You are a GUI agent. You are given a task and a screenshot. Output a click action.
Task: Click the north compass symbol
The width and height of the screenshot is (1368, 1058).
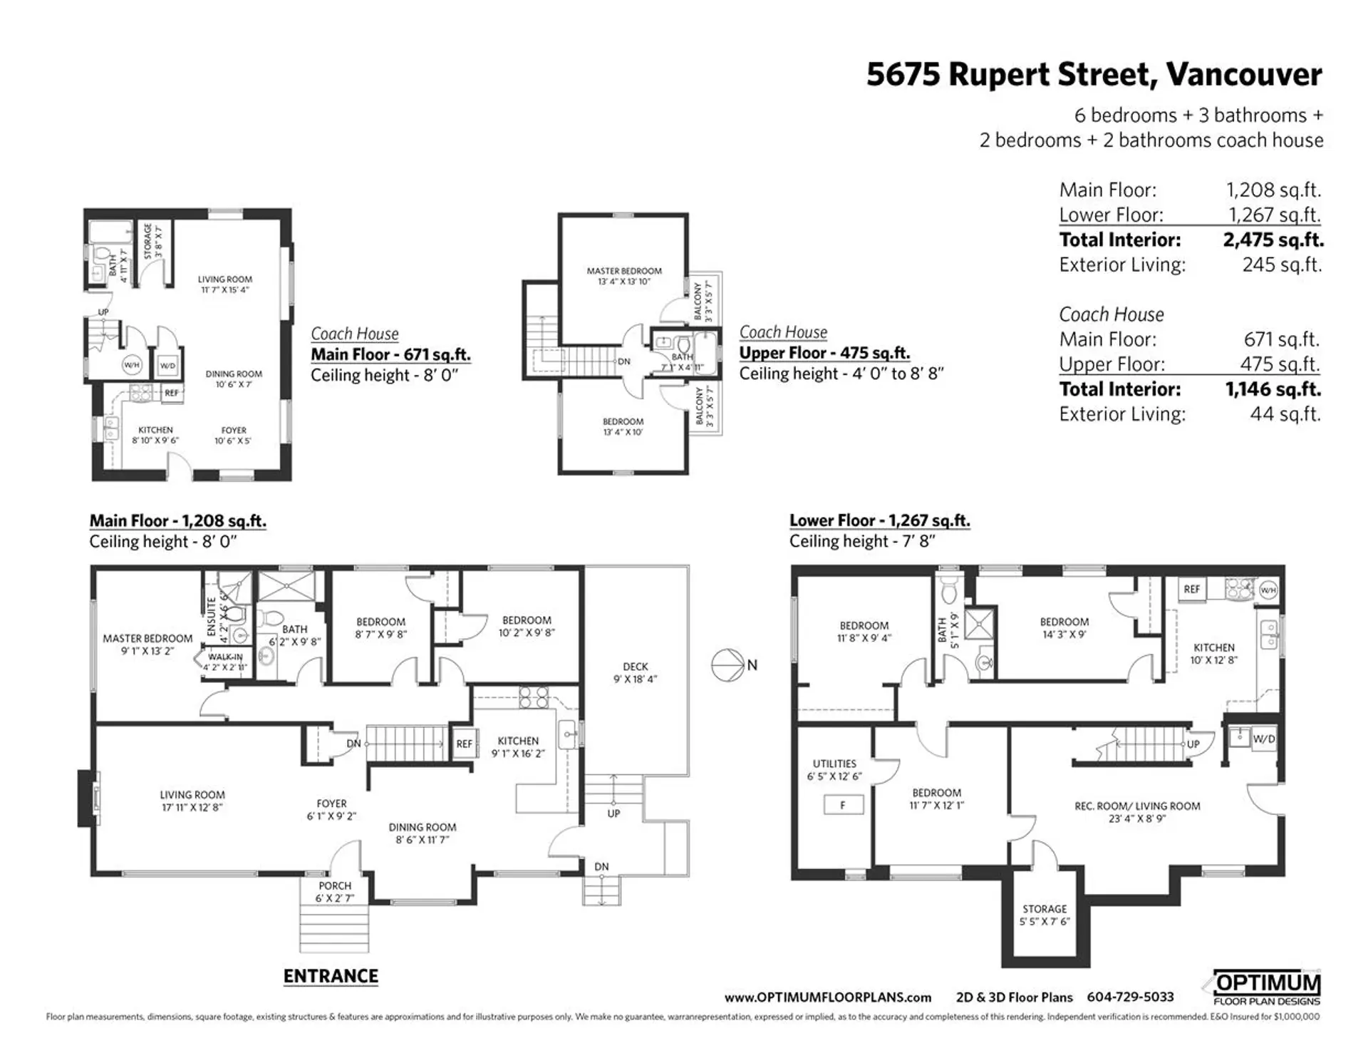[728, 665]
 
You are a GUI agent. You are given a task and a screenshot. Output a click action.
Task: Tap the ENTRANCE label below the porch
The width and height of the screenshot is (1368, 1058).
[331, 976]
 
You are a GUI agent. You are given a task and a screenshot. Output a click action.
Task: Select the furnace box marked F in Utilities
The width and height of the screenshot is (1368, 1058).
[843, 805]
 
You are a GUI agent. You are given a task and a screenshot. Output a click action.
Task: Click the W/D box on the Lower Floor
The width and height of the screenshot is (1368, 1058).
[1264, 739]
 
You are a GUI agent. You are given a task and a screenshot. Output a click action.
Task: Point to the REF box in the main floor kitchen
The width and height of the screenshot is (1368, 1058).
[464, 744]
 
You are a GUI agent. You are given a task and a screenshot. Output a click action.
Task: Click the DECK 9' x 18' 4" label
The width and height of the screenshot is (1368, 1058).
[635, 672]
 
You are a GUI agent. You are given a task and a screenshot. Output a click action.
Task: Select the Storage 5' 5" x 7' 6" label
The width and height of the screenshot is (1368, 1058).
[1045, 915]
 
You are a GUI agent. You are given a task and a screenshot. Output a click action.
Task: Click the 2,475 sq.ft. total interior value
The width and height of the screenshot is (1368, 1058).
[1273, 240]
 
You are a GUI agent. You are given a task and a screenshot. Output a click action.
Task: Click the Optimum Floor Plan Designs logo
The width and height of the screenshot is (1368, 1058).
[1266, 989]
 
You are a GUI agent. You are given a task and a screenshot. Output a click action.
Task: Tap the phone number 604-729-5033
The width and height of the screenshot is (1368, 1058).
[1130, 997]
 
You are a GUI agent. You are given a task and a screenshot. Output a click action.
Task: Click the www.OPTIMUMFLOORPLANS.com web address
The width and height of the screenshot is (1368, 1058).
[827, 997]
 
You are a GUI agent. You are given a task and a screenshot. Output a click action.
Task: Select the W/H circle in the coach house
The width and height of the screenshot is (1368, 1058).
[132, 365]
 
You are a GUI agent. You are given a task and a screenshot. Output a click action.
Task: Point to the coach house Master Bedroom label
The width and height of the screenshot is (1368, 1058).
[624, 276]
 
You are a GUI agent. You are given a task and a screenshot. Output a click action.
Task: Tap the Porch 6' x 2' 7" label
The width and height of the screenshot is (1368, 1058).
[335, 891]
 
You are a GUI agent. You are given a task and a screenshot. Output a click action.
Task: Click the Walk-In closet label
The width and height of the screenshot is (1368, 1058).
[225, 662]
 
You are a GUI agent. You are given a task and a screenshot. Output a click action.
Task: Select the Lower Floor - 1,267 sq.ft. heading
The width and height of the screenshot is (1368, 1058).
[879, 520]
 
